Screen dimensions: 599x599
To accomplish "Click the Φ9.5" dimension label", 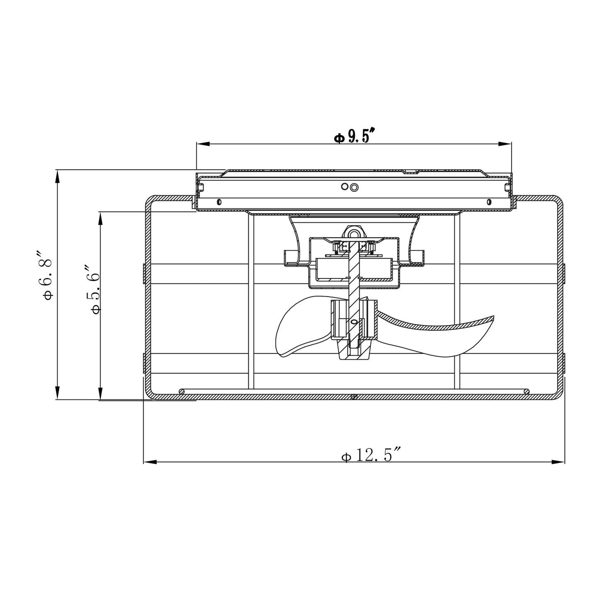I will click(x=355, y=136).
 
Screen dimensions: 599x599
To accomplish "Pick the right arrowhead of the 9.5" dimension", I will click(x=505, y=144).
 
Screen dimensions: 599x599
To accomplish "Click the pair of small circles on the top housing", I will click(x=349, y=187).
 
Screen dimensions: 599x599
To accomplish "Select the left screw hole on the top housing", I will click(x=219, y=202).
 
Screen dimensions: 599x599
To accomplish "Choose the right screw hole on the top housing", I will click(x=489, y=202).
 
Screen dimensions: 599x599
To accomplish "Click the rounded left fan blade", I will click(x=296, y=332).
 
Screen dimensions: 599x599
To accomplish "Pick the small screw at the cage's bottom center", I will click(x=354, y=397).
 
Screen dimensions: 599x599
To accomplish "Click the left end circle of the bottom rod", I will click(x=181, y=391).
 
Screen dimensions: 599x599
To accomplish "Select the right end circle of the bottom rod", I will click(x=526, y=391).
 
